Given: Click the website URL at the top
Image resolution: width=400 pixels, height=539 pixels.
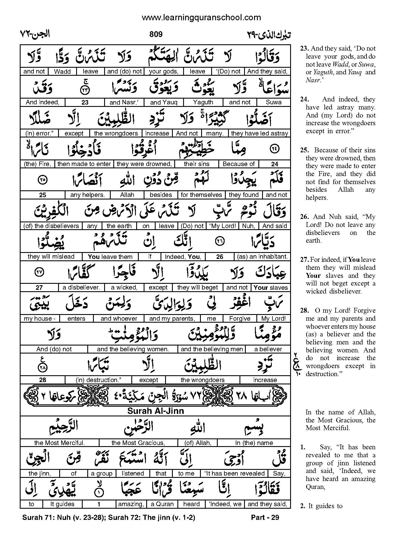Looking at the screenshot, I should point(201,18).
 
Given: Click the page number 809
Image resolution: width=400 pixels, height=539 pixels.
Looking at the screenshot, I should point(156,34).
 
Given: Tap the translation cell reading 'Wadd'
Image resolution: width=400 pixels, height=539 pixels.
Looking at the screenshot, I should point(62,71).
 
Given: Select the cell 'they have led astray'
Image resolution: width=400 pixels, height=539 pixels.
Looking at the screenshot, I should point(260,133).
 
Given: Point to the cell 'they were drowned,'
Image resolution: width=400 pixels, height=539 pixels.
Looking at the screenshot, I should point(144,164).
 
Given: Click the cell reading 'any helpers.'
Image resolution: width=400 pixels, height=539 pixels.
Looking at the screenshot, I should point(88,195).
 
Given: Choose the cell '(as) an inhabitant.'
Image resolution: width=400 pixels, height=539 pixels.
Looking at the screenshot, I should point(262,257).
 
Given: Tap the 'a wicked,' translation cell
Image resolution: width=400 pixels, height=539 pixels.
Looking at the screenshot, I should point(124,288).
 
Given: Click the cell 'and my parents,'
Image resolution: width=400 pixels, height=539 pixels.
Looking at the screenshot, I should point(172,318).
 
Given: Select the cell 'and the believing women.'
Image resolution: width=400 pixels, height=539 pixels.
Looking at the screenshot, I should point(133,349).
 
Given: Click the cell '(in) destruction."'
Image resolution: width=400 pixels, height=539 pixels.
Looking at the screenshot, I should point(99,380).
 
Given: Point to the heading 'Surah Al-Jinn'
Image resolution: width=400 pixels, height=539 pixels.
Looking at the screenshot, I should point(155,411).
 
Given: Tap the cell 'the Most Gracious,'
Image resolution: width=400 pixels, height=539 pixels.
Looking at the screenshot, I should point(138,443).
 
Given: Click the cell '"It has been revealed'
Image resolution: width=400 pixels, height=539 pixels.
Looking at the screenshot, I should point(234,474).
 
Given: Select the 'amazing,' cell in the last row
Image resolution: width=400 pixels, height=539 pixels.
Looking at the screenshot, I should point(131,504).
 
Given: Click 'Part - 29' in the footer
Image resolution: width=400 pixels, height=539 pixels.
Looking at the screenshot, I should point(265,517).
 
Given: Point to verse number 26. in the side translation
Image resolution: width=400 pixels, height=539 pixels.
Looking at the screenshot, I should point(304,217).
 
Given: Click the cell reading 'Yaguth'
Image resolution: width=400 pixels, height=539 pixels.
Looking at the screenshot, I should point(203,102).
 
